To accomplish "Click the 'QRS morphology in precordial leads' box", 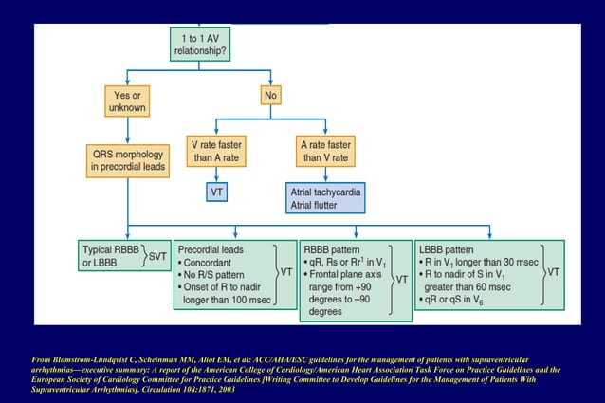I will click(x=129, y=158).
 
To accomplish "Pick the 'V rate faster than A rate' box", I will click(x=217, y=151).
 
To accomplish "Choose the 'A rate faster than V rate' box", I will click(x=326, y=151).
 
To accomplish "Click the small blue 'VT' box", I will click(x=217, y=192).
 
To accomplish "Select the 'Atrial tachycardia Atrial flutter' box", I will click(x=325, y=197).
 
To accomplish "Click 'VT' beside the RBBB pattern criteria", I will click(x=401, y=280).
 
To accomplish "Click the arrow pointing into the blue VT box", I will click(x=217, y=176).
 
